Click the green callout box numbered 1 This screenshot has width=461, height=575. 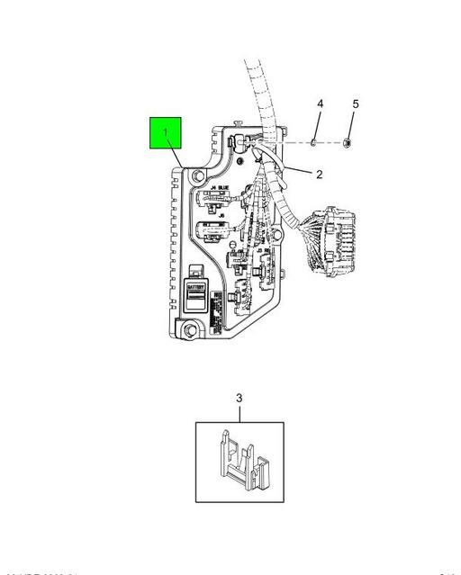pos(167,134)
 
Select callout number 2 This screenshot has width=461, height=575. pos(318,174)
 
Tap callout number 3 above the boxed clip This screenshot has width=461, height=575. pos(240,398)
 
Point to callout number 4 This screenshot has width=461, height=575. pos(319,105)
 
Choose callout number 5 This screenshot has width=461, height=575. pos(355,105)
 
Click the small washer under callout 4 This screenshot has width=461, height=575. pos(312,141)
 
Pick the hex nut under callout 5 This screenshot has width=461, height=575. pos(348,141)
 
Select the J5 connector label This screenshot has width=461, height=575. pos(221,216)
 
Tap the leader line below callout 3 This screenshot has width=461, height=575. pos(240,413)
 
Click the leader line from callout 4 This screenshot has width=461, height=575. pos(316,123)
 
